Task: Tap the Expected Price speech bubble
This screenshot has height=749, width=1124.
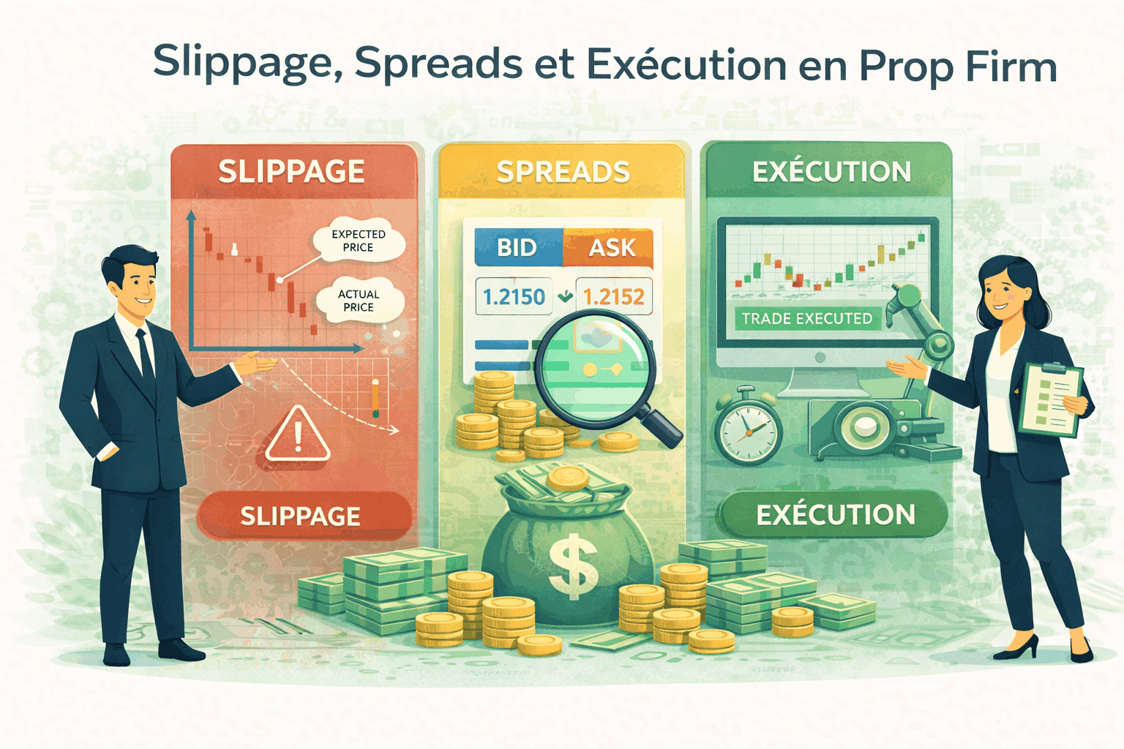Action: [x=359, y=241]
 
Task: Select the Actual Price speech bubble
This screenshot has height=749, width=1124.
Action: [x=359, y=301]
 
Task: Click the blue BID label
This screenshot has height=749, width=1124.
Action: [x=517, y=248]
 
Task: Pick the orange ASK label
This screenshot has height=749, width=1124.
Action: [x=612, y=248]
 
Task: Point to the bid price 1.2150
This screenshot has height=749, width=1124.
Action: [x=514, y=297]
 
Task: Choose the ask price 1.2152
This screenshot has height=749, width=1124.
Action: [x=613, y=297]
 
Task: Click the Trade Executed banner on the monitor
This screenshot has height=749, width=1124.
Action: [x=807, y=319]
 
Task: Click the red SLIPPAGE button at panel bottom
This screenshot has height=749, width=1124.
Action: [x=301, y=516]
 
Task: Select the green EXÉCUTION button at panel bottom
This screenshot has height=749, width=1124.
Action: [x=835, y=515]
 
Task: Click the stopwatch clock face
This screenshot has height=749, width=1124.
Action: [x=746, y=430]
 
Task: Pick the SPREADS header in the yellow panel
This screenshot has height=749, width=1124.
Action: [x=563, y=172]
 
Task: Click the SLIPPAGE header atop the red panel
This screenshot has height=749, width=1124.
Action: [x=291, y=172]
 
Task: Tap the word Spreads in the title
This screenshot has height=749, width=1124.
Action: [x=438, y=64]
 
